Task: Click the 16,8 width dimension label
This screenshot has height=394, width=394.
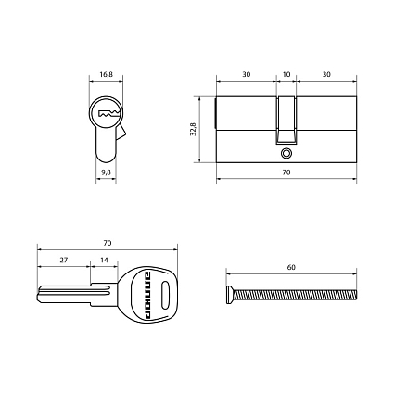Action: (106, 74)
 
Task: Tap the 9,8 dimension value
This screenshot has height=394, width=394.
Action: (106, 172)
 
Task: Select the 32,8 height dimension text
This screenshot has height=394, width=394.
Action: (193, 129)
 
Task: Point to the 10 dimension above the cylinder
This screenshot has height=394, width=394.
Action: (286, 74)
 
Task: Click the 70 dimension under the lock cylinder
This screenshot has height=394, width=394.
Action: (286, 172)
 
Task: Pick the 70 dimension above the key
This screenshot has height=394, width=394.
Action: (107, 243)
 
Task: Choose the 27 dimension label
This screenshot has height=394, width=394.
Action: (64, 260)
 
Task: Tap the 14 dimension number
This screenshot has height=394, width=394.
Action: (105, 260)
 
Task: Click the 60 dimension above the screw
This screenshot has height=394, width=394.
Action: (291, 267)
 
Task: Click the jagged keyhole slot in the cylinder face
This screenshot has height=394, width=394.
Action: (108, 113)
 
